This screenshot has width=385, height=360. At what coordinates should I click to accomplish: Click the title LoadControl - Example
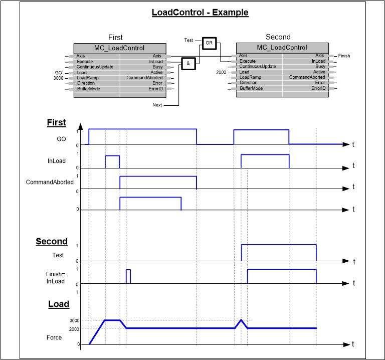pyautogui.click(x=200, y=12)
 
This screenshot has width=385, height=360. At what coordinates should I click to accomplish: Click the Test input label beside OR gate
pyautogui.click(x=188, y=40)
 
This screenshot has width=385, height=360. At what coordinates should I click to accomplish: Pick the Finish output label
pyautogui.click(x=344, y=56)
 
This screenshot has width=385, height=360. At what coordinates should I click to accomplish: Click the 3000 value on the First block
pyautogui.click(x=58, y=78)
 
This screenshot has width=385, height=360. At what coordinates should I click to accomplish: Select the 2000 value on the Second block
pyautogui.click(x=221, y=72)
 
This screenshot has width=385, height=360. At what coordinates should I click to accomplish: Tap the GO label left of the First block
pyautogui.click(x=58, y=72)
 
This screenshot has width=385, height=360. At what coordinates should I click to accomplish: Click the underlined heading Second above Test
pyautogui.click(x=51, y=241)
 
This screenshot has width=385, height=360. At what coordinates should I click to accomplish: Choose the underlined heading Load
pyautogui.click(x=59, y=304)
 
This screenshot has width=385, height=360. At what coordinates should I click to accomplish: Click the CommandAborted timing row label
pyautogui.click(x=50, y=182)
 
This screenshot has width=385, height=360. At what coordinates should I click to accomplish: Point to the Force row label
pyautogui.click(x=54, y=337)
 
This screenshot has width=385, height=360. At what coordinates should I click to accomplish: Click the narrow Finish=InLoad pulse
pyautogui.click(x=128, y=276)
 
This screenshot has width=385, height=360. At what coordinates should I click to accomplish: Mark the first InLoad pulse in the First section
pyautogui.click(x=112, y=161)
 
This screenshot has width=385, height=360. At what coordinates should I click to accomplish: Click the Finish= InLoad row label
pyautogui.click(x=55, y=278)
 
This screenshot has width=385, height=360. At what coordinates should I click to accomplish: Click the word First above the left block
pyautogui.click(x=115, y=37)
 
